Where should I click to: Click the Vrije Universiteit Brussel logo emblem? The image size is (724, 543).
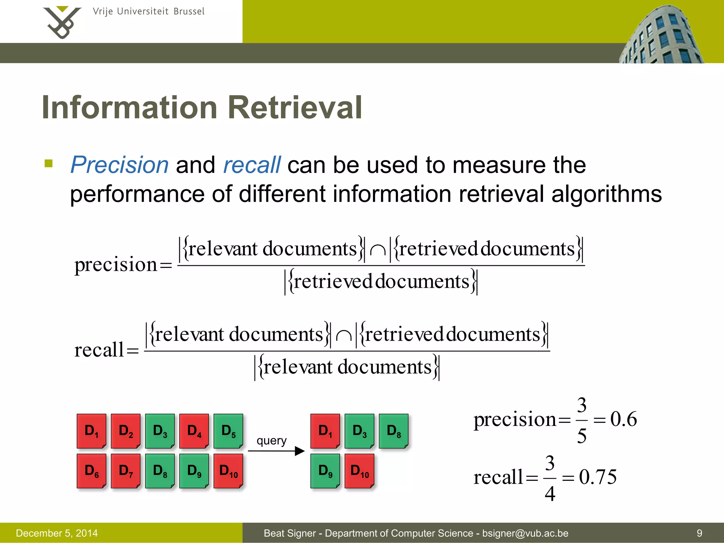pyautogui.click(x=62, y=22)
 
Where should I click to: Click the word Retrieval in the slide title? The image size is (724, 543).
pyautogui.click(x=295, y=107)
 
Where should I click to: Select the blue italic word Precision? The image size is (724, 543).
pyautogui.click(x=120, y=165)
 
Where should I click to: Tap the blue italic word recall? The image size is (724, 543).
pyautogui.click(x=252, y=165)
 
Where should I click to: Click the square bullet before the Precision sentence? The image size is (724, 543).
pyautogui.click(x=49, y=163)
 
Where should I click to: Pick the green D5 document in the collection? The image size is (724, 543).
pyautogui.click(x=228, y=431)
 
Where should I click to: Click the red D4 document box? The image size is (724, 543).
pyautogui.click(x=194, y=431)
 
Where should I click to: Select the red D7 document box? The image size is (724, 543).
pyautogui.click(x=125, y=471)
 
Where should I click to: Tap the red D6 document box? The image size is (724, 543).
pyautogui.click(x=91, y=471)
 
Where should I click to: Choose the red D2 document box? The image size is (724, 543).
pyautogui.click(x=125, y=431)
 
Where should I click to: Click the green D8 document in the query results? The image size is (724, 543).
pyautogui.click(x=393, y=431)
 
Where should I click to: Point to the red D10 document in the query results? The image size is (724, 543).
pyautogui.click(x=359, y=471)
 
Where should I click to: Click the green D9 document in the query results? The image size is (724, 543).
pyautogui.click(x=325, y=471)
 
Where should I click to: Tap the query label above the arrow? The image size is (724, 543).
pyautogui.click(x=271, y=440)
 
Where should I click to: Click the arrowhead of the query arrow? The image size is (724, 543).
pyautogui.click(x=300, y=451)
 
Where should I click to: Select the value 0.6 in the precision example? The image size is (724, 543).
pyautogui.click(x=624, y=419)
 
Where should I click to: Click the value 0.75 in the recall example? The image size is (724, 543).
pyautogui.click(x=598, y=477)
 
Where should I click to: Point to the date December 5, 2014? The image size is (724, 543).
pyautogui.click(x=57, y=533)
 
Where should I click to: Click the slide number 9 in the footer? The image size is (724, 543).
pyautogui.click(x=699, y=533)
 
